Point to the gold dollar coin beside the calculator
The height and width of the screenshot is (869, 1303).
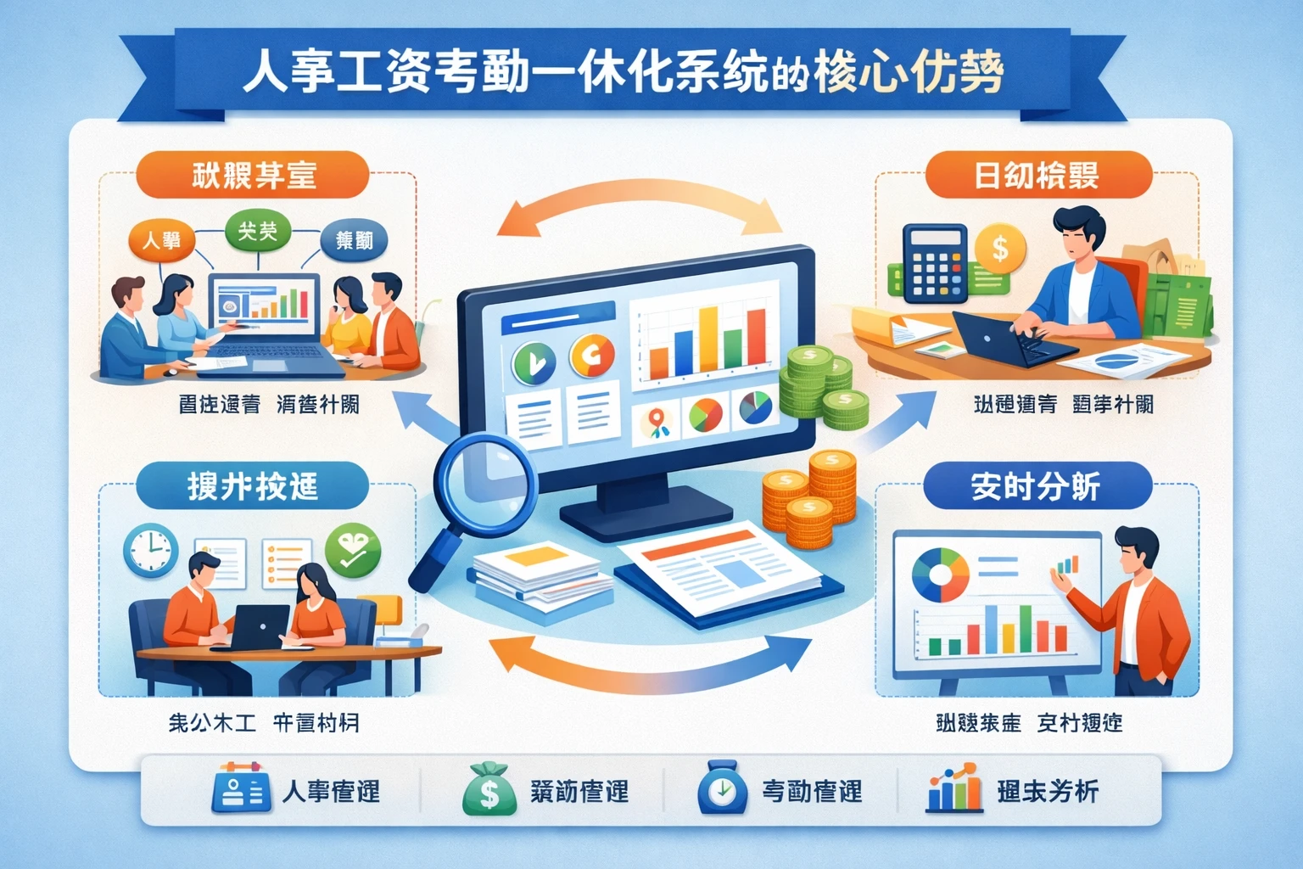click(x=1000, y=249)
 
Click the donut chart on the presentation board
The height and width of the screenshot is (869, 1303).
click(x=940, y=575)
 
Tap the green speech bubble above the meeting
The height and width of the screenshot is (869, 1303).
click(x=258, y=231)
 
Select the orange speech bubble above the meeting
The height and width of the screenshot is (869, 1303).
click(x=161, y=240)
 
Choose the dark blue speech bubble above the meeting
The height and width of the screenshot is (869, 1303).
click(x=354, y=241)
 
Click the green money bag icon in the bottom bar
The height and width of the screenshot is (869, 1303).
click(x=489, y=789)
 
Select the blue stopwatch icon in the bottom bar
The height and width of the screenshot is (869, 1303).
click(x=722, y=789)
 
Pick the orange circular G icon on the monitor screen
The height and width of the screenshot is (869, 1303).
click(x=592, y=356)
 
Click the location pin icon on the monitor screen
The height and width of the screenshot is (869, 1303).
click(x=656, y=422)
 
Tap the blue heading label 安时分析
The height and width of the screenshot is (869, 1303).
click(x=1036, y=486)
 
